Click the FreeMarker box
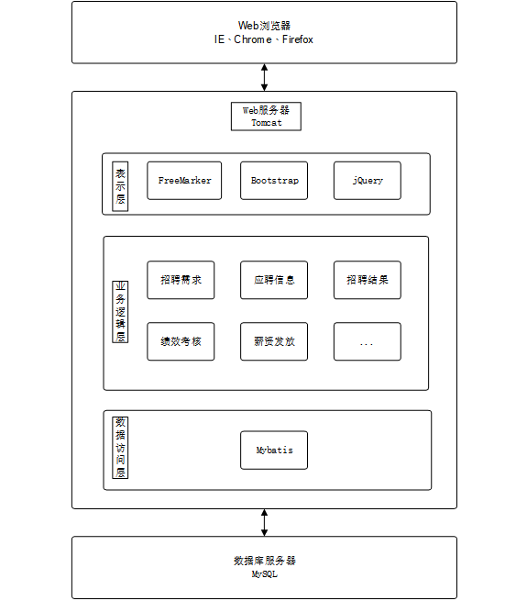click(x=184, y=181)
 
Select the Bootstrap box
click(x=274, y=181)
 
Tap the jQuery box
click(x=368, y=181)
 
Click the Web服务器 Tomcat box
click(x=266, y=117)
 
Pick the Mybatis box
click(x=274, y=450)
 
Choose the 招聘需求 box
click(x=181, y=280)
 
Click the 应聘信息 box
click(x=274, y=280)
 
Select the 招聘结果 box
click(x=368, y=280)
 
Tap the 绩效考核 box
click(x=181, y=341)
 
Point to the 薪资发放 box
click(x=274, y=341)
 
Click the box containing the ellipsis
click(x=368, y=341)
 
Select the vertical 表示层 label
click(x=120, y=186)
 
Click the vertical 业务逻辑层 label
click(x=120, y=312)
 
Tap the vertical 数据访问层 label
click(x=120, y=448)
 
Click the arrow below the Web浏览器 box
click(x=264, y=77)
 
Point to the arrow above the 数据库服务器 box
click(x=264, y=523)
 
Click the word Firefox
click(x=298, y=39)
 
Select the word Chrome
click(x=253, y=39)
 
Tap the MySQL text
click(x=264, y=574)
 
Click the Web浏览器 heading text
click(x=264, y=26)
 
